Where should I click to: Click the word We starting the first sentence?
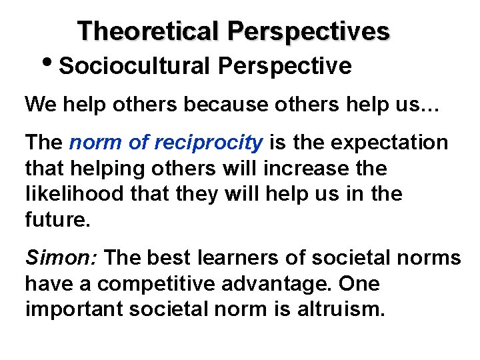[x=39, y=105]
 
